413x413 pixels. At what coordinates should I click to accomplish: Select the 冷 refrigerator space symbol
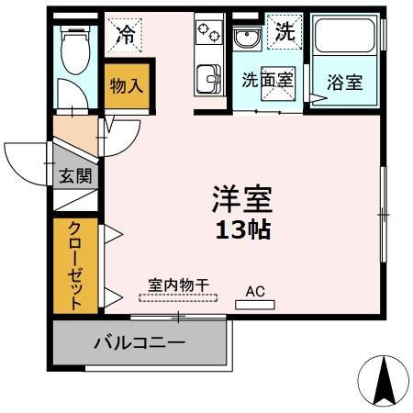click(127, 36)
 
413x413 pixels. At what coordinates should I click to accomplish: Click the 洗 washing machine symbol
click(284, 32)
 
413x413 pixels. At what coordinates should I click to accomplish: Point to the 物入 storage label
click(127, 86)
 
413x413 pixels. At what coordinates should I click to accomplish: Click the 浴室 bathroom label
click(345, 81)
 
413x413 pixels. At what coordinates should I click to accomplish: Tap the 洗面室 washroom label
click(267, 80)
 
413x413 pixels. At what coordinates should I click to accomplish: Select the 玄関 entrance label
click(75, 176)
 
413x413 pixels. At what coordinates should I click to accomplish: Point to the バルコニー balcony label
click(140, 343)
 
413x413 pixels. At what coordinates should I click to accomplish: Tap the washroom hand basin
click(246, 40)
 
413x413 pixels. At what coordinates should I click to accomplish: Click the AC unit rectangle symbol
click(254, 304)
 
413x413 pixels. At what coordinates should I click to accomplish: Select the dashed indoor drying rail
click(178, 296)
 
